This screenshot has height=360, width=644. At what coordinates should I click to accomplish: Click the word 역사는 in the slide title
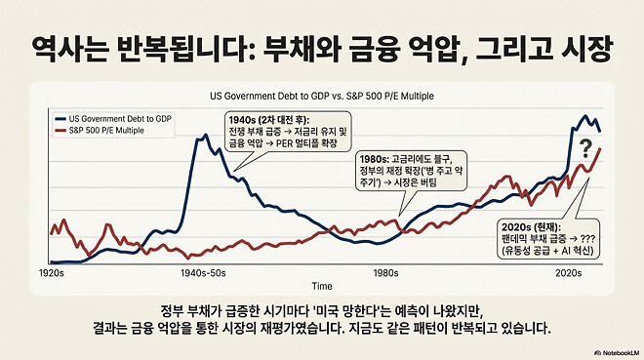tap(75, 46)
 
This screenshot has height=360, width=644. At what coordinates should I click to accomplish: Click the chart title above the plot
tap(321, 97)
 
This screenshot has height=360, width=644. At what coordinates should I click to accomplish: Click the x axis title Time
tap(321, 287)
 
